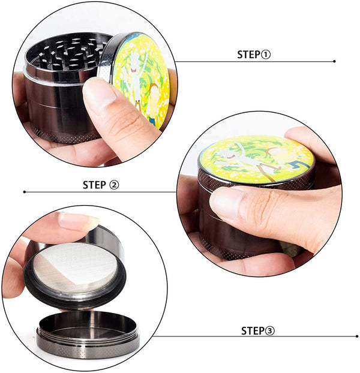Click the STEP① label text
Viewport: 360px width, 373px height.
(254, 55)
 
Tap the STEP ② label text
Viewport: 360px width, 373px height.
(101, 185)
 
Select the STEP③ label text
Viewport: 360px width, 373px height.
(258, 331)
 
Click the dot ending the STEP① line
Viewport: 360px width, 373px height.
(334, 61)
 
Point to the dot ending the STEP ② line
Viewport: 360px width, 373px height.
(25, 192)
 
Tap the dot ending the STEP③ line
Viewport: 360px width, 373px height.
(357, 336)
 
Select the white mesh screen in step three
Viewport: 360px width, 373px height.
(76, 267)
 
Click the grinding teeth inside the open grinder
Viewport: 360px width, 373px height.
(69, 53)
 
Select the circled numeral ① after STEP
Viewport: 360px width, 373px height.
(266, 55)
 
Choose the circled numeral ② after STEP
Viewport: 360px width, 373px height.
(114, 185)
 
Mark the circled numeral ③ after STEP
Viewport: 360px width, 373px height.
(270, 331)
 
